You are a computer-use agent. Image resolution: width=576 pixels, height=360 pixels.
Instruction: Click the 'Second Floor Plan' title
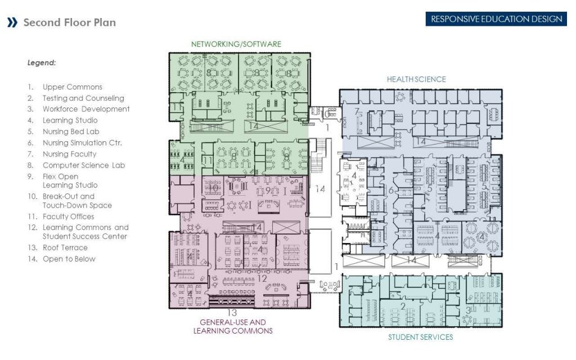coord(69,22)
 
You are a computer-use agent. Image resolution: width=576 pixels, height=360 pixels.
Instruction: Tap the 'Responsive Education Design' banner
coord(496,19)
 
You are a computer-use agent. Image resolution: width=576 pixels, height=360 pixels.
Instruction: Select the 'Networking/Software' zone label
coord(236,44)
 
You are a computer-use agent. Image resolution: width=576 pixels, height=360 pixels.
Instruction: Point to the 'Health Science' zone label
coord(416,79)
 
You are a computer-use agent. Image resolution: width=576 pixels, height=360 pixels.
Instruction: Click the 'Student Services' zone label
coord(421,337)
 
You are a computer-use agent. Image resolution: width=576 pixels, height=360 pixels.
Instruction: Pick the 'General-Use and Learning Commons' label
coord(233,327)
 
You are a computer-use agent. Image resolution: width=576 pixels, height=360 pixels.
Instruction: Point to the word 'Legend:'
coord(42,63)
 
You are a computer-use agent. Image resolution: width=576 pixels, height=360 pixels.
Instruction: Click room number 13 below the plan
coord(232,313)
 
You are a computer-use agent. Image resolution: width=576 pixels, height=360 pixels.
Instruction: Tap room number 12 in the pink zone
coord(262,278)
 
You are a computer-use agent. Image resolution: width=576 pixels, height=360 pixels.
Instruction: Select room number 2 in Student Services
coord(403,307)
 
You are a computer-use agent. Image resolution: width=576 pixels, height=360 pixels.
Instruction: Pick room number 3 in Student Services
coord(469,310)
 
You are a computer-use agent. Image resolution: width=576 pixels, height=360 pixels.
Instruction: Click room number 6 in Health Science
coord(391,190)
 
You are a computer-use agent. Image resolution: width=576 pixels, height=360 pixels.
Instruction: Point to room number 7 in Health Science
coord(357,111)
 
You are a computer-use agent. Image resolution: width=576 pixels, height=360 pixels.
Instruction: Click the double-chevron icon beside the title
coord(12,22)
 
